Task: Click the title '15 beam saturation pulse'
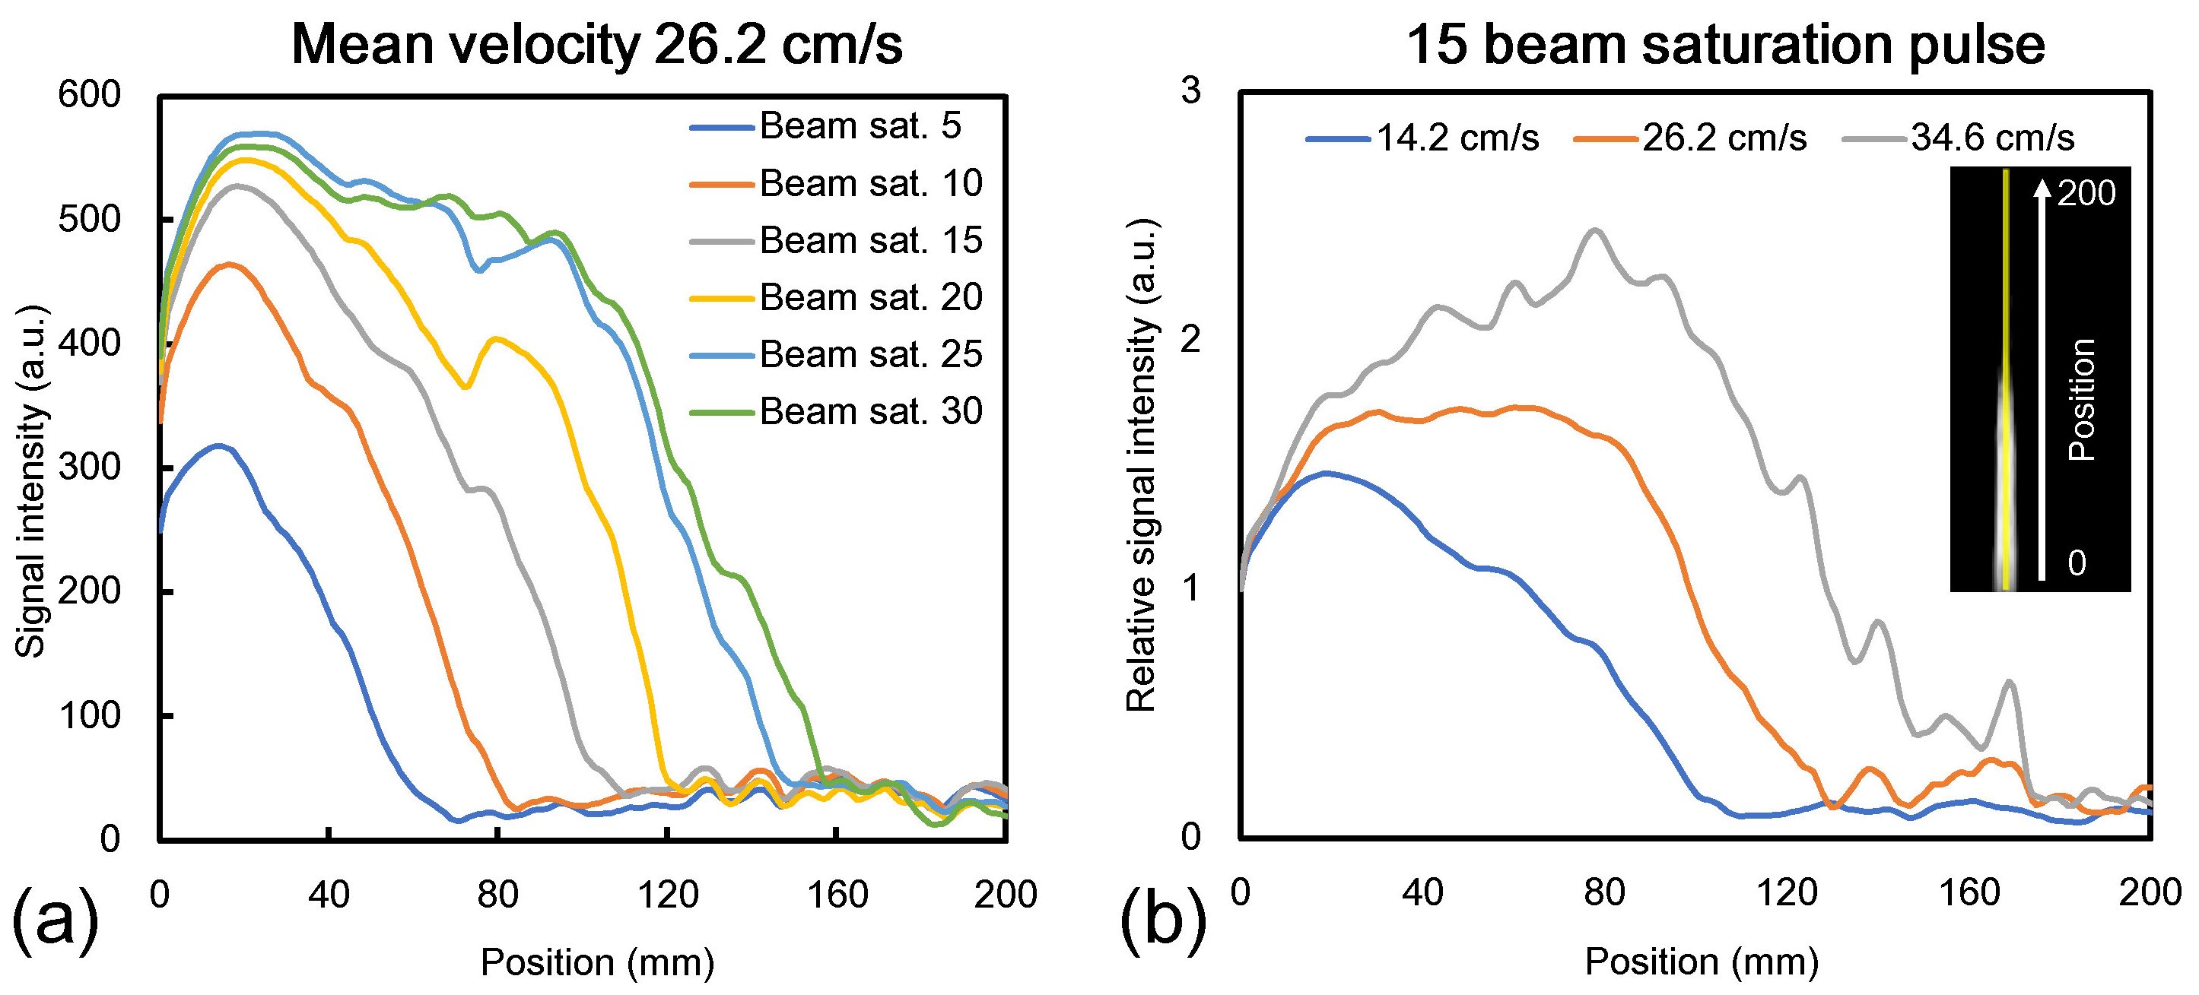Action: point(1724,44)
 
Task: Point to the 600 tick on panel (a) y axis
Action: point(90,95)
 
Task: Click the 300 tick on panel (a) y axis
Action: point(90,467)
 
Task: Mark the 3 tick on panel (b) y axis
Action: point(1191,90)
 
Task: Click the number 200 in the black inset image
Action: point(2086,195)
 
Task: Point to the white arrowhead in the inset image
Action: point(2041,190)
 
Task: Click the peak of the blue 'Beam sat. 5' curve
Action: point(219,445)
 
